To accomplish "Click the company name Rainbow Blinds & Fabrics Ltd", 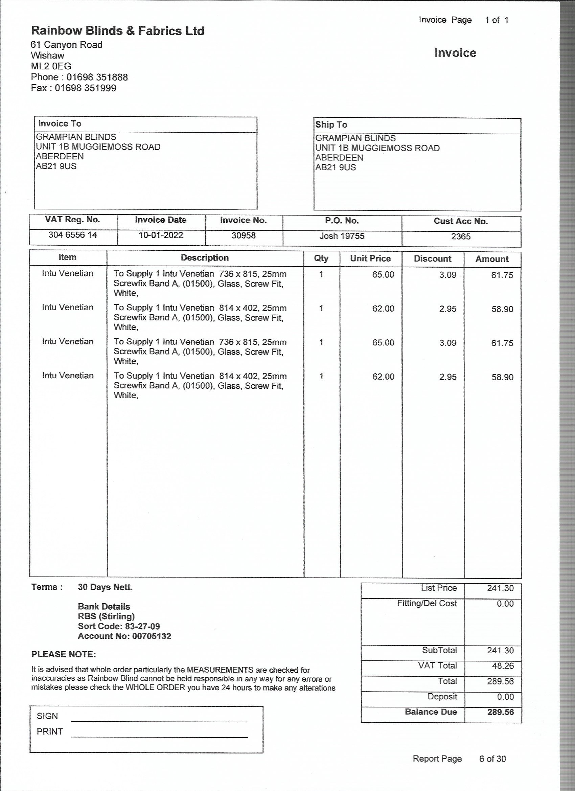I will coord(117,31).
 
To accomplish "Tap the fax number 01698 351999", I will coord(86,88).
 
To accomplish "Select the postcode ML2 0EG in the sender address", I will coord(51,66).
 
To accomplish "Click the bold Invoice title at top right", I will coord(455,53).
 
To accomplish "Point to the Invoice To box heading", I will coord(60,124).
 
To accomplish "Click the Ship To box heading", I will coord(331,125).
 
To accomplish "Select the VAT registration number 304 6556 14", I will coord(72,235).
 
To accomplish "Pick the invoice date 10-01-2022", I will coord(161,235).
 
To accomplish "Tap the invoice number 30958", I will coord(244,236).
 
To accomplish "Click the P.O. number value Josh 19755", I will coord(342,236).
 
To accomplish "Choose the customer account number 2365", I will coord(461,237).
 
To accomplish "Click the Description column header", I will coord(205,258).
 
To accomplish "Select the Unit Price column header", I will coord(370,259).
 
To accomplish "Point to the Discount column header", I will coord(432,259).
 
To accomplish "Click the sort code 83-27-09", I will coord(142,626).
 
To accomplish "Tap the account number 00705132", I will coord(152,636).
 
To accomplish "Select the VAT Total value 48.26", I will coord(503,666).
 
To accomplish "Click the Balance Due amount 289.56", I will coord(500,712).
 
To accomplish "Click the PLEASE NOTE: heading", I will coord(64,655).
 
